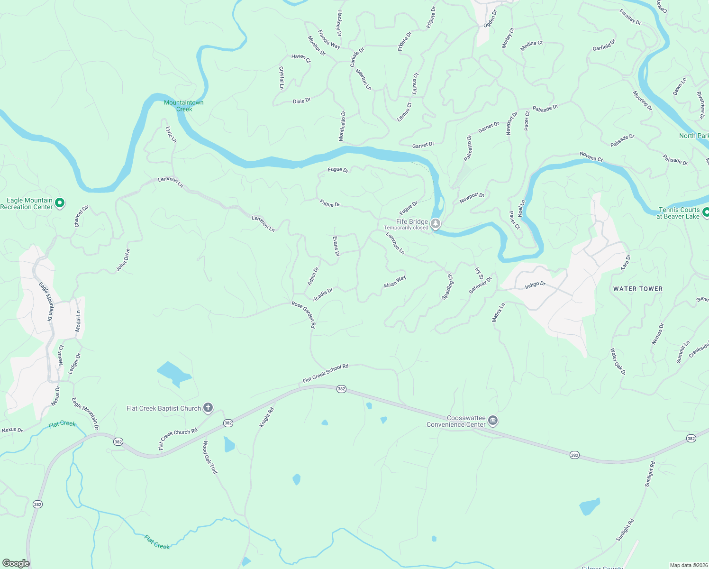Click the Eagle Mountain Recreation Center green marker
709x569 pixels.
pyautogui.click(x=60, y=203)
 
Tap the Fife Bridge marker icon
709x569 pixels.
pyautogui.click(x=436, y=223)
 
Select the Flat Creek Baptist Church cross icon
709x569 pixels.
pyautogui.click(x=208, y=407)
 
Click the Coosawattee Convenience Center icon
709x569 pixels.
pyautogui.click(x=493, y=421)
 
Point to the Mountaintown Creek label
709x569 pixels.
pyautogui.click(x=184, y=106)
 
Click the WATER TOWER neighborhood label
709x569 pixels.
pyautogui.click(x=638, y=289)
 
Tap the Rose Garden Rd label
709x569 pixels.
pyautogui.click(x=303, y=315)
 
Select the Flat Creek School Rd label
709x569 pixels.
pyautogui.click(x=326, y=374)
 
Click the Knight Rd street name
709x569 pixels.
pyautogui.click(x=267, y=418)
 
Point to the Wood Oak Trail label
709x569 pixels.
pyautogui.click(x=210, y=457)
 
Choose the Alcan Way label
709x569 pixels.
pyautogui.click(x=395, y=282)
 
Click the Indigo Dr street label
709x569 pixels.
pyautogui.click(x=535, y=285)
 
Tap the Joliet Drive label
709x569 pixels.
pyautogui.click(x=123, y=260)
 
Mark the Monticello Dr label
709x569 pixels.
pyautogui.click(x=342, y=126)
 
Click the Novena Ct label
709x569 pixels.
pyautogui.click(x=591, y=156)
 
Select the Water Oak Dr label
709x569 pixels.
pyautogui.click(x=618, y=362)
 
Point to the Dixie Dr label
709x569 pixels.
pyautogui.click(x=302, y=101)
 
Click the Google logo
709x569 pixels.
pyautogui.click(x=16, y=563)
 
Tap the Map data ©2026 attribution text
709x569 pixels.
pyautogui.click(x=688, y=565)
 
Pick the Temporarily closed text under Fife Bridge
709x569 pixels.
pyautogui.click(x=406, y=228)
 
